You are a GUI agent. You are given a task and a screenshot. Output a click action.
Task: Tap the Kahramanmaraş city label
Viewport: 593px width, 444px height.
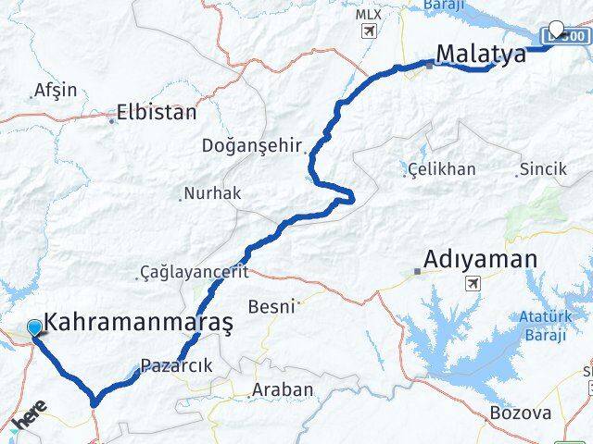click(x=139, y=322)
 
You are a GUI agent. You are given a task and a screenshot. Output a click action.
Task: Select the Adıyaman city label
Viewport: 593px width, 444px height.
click(x=480, y=259)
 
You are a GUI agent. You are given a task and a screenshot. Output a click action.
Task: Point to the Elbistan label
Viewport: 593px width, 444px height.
click(x=157, y=114)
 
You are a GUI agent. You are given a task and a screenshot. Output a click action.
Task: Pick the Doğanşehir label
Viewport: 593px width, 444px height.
click(x=253, y=145)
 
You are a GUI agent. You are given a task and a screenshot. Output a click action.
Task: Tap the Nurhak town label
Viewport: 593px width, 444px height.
click(x=212, y=193)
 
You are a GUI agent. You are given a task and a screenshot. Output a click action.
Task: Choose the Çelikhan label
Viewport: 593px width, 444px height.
click(x=444, y=169)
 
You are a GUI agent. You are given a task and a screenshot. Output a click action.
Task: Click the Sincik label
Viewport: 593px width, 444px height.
click(x=544, y=169)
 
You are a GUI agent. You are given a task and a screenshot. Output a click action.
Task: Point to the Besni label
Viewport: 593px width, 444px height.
click(x=271, y=305)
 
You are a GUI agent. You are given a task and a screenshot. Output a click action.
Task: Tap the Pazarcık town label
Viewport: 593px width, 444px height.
click(x=177, y=365)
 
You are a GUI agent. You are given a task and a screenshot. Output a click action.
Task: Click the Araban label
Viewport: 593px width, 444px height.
click(x=284, y=389)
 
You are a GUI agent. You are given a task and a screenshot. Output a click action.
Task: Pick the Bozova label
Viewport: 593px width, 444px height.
click(x=520, y=413)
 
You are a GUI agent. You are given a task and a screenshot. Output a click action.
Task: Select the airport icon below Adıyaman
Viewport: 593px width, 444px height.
click(x=473, y=283)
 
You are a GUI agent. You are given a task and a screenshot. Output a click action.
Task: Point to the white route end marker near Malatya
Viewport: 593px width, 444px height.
click(x=557, y=29)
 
